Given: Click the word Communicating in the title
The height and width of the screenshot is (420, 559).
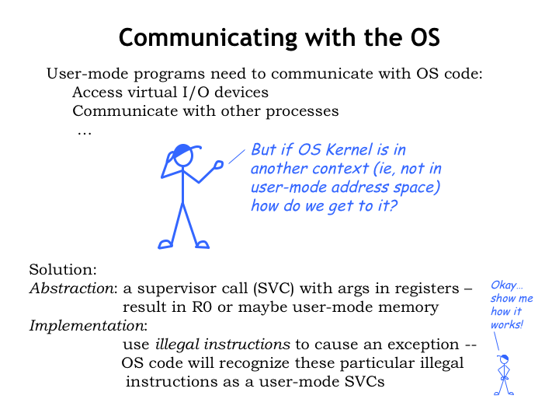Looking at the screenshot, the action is pos(208,38).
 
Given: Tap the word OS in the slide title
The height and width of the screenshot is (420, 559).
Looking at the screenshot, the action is pos(425,37).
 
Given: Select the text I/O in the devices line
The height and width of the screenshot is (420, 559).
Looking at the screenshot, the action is pos(196,92).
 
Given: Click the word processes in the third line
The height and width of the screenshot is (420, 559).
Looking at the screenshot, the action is pos(302,111).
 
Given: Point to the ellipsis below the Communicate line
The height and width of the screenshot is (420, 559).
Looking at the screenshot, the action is pos(85,134).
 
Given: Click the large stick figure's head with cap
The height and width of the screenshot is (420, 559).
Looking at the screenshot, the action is pos(183,154).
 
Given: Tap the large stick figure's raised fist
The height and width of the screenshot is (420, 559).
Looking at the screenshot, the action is pos(218,165).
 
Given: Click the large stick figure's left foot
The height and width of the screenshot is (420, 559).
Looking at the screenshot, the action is pos(165,244).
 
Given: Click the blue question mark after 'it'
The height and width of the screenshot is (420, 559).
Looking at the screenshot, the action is pos(393,205).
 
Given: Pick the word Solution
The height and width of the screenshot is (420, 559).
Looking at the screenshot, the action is pos(63,269).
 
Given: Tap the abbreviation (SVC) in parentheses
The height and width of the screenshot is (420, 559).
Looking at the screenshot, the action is pos(273,289).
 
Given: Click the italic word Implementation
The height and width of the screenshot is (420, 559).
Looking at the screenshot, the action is pos(88,326).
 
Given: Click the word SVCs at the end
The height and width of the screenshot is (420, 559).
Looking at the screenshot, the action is pos(364,382).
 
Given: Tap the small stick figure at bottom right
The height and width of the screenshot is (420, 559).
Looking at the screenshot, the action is pos(504,375).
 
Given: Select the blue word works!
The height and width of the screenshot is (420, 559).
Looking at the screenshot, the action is pos(506,324).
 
